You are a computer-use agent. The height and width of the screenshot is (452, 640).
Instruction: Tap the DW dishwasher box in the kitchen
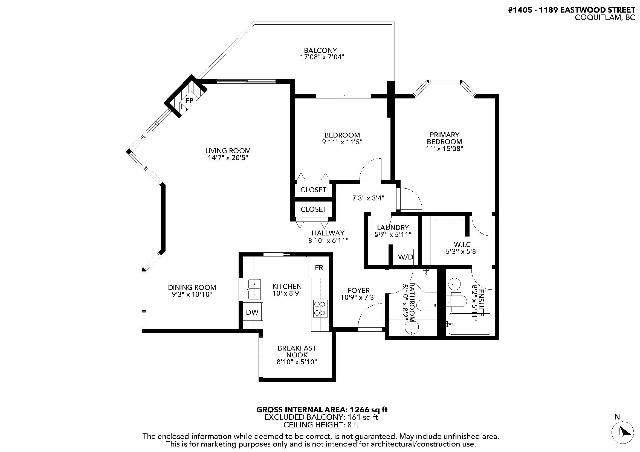tap(252, 312)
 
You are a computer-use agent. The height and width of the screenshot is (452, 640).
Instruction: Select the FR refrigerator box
tap(318, 268)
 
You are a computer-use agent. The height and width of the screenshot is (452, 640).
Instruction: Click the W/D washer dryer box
tap(405, 256)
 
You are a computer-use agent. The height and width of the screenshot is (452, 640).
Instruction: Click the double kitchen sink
tap(254, 289)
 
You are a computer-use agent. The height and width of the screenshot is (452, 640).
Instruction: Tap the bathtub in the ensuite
tap(470, 324)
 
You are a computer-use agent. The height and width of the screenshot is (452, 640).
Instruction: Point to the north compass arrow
tap(622, 440)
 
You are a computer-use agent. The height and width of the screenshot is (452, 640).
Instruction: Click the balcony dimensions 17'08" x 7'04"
tap(322, 57)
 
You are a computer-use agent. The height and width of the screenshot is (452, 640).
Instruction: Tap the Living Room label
tap(228, 151)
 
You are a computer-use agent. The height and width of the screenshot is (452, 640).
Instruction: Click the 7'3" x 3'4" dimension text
tap(368, 198)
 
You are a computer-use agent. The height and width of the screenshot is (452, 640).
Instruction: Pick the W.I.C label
tap(462, 244)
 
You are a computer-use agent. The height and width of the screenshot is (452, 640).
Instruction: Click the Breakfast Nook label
tap(297, 351)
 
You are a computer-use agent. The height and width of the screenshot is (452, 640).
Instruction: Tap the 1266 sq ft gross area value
tap(369, 410)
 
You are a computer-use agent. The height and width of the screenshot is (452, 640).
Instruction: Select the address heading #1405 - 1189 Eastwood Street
tap(571, 10)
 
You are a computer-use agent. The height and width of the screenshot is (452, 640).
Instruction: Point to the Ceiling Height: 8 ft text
tap(321, 425)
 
